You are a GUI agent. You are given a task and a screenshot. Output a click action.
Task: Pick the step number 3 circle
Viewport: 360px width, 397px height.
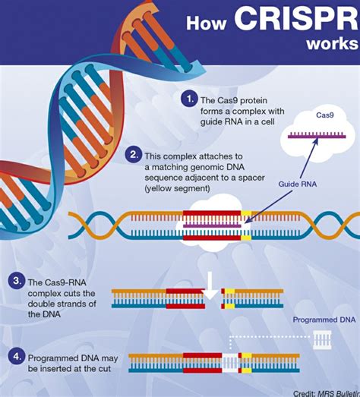click(x=14, y=282)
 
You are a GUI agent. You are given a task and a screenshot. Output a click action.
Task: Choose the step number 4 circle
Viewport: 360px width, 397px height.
click(x=14, y=354)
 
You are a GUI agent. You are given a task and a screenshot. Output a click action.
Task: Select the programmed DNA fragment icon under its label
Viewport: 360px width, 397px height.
click(x=323, y=339)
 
